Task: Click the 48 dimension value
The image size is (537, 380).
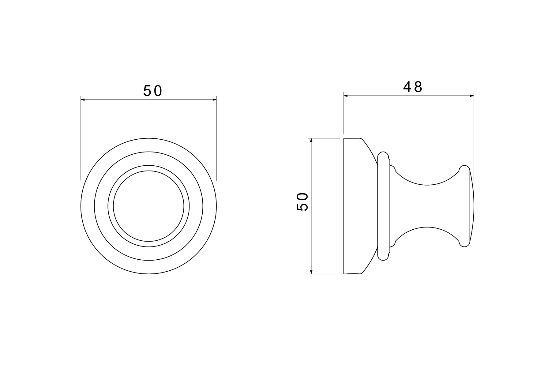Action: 413,87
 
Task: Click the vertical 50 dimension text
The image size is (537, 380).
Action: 302,201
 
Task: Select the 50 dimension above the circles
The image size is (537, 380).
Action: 152,91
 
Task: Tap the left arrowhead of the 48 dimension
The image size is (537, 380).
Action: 346,96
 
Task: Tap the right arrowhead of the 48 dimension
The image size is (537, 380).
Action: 472,96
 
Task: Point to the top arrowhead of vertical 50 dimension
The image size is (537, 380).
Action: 311,141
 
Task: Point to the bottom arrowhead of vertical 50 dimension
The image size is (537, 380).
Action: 311,272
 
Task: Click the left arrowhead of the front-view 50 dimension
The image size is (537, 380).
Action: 83,100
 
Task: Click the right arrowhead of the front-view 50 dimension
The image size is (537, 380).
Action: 214,100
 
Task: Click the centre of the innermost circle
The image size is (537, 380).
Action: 149,206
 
